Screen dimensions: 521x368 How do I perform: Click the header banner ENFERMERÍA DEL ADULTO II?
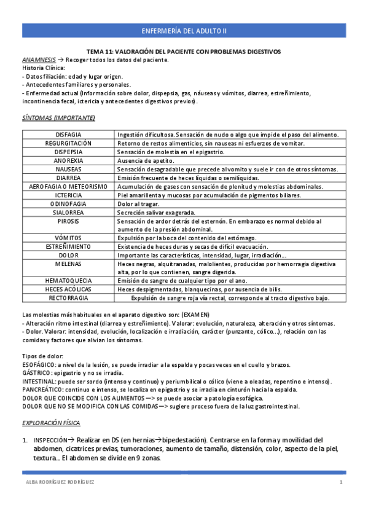[184, 29]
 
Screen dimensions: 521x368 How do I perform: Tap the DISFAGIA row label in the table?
[69, 134]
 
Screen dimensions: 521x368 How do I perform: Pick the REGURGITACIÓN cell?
[69, 143]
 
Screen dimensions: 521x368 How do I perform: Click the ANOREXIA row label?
[69, 160]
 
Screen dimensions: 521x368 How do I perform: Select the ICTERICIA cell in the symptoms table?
[69, 195]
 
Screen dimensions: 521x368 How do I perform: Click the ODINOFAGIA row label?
[69, 203]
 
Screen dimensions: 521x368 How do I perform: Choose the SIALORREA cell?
[69, 212]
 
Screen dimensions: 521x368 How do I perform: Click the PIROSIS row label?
[69, 221]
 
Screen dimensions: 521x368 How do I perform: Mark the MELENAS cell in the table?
[69, 263]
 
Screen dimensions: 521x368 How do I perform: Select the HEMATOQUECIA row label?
[69, 280]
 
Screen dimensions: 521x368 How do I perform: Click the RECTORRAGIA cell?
[69, 297]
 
